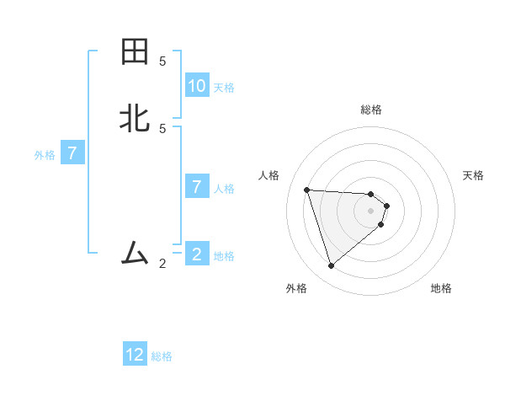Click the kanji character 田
[x=135, y=52]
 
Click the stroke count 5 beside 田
[x=162, y=62]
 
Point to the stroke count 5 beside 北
[x=162, y=128]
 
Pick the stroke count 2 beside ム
[x=162, y=263]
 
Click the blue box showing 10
[x=197, y=86]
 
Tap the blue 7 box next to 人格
[x=197, y=187]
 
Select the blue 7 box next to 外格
[x=72, y=154]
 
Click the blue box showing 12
[x=135, y=355]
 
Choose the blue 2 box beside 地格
[x=197, y=254]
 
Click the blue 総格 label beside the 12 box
[x=162, y=356]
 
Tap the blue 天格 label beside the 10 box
[x=224, y=88]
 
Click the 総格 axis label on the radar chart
[x=370, y=110]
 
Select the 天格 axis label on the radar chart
[x=473, y=175]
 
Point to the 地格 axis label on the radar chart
[x=441, y=288]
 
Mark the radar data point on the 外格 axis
[x=331, y=266]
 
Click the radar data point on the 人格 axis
[x=306, y=190]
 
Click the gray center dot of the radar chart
[x=370, y=210]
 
